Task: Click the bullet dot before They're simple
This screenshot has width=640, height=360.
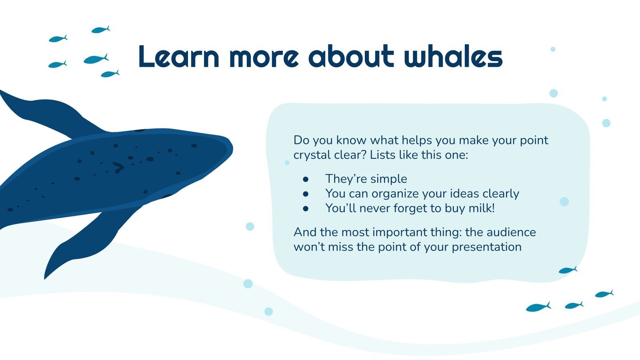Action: (x=306, y=179)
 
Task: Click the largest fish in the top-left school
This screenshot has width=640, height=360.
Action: (x=96, y=59)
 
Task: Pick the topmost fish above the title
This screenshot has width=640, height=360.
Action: (x=100, y=30)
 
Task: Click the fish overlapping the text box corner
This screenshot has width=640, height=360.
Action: (x=568, y=270)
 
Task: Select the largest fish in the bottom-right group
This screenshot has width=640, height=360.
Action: (x=538, y=307)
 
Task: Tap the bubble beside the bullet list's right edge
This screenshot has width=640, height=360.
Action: (x=564, y=202)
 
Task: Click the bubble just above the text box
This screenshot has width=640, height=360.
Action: (x=554, y=93)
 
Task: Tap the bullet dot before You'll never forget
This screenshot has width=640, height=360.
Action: (x=306, y=208)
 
